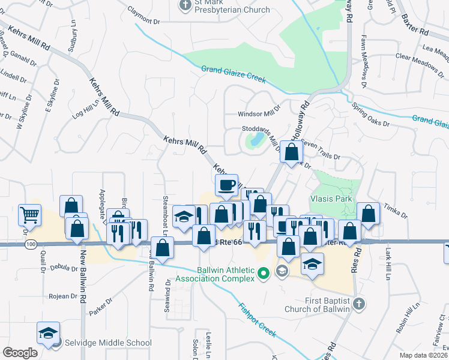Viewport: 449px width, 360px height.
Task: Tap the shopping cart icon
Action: click(x=30, y=214)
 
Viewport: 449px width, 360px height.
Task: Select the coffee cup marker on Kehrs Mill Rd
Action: click(x=226, y=186)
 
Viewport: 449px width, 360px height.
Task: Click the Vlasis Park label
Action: click(x=330, y=199)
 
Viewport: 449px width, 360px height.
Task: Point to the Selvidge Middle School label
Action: click(x=108, y=343)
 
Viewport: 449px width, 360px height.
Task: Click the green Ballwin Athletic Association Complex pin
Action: click(x=262, y=275)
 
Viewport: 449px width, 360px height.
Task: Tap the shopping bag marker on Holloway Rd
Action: click(x=291, y=153)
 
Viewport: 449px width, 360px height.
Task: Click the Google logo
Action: click(x=20, y=353)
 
